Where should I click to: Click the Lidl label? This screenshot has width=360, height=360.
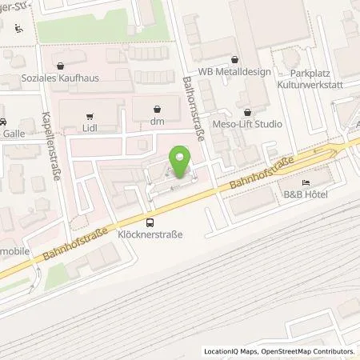pyautogui.click(x=90, y=126)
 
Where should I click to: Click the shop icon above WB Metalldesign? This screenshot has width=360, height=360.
pyautogui.click(x=234, y=59)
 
